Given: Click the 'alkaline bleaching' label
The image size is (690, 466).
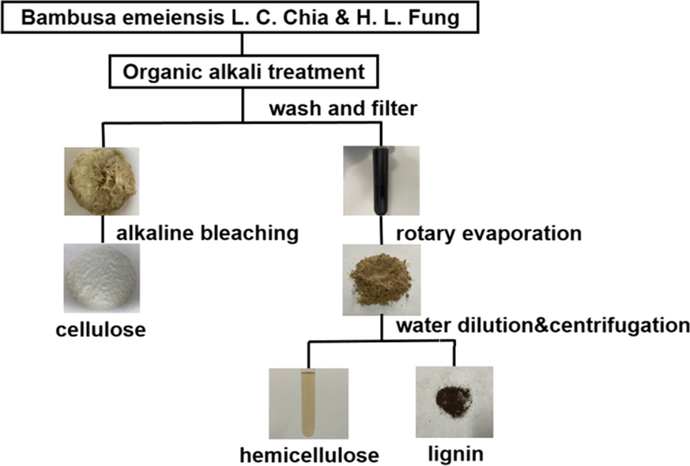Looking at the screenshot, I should (207, 233).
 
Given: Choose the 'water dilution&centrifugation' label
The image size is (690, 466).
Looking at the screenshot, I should (537, 325).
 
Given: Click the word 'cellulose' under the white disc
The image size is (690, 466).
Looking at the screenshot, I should (100, 329).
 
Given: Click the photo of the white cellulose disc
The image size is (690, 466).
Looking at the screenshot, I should (101, 279).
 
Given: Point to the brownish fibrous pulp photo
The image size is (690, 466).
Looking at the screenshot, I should (101, 182).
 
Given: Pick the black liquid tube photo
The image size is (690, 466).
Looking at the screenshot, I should (380, 181).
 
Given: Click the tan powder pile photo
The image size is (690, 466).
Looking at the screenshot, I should (380, 279).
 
